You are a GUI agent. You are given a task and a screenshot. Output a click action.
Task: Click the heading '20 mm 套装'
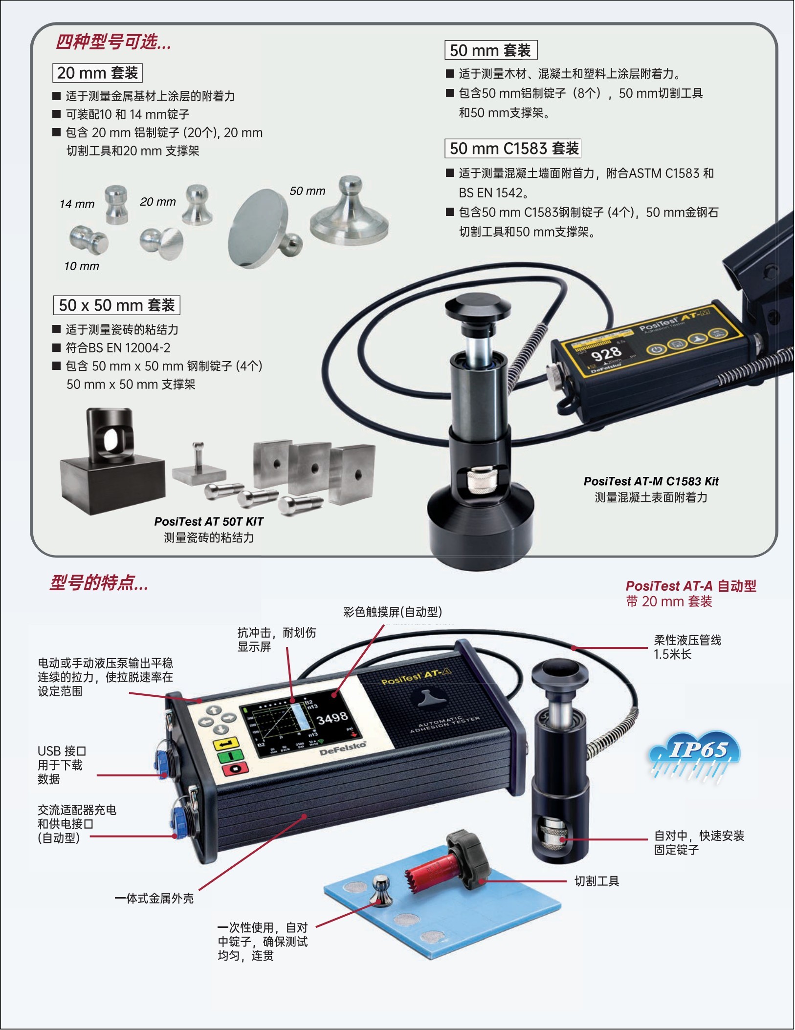tap(97, 73)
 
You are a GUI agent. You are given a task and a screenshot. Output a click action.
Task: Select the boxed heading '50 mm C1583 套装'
tap(513, 149)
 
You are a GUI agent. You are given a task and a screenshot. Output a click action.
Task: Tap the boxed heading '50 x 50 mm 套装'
tap(117, 305)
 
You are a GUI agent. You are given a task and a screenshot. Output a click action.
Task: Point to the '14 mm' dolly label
tap(77, 204)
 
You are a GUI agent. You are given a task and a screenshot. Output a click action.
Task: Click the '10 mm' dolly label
tap(82, 266)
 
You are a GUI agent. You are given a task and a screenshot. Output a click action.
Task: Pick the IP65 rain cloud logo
tap(694, 755)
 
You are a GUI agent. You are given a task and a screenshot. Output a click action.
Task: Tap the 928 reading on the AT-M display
tap(606, 353)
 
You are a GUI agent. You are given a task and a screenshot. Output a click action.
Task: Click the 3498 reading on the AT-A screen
tap(332, 718)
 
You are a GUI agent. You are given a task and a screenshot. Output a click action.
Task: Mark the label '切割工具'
tap(596, 881)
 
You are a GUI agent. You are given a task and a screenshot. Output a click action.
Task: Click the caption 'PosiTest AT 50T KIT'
tap(209, 522)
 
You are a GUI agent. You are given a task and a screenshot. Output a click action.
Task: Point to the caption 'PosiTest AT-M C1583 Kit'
tap(651, 481)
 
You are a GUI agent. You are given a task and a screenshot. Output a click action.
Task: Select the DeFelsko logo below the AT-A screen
tap(343, 749)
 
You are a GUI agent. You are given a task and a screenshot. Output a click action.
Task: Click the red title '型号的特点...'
tap(99, 583)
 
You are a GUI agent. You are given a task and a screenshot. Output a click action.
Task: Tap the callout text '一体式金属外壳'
tap(154, 899)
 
